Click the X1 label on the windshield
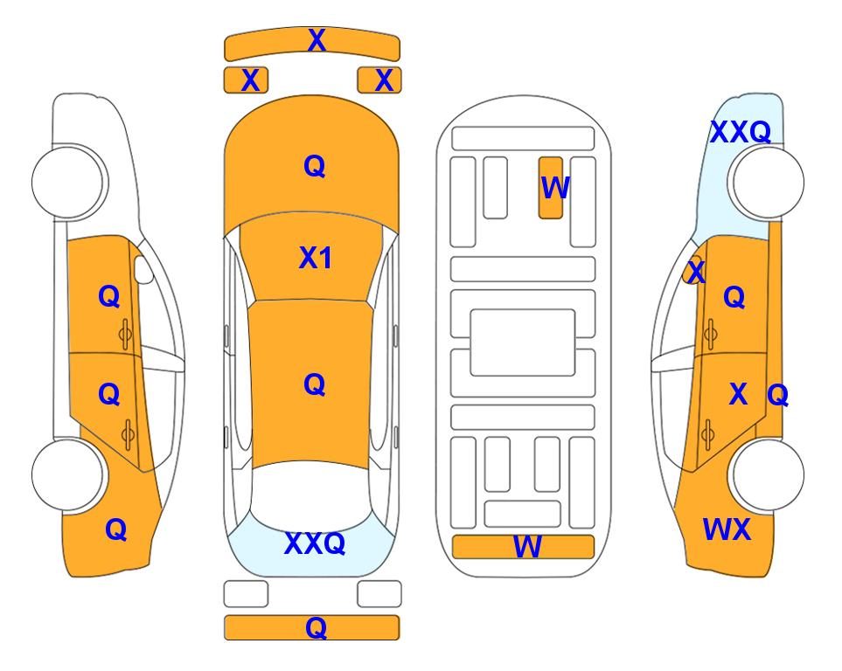(316, 258)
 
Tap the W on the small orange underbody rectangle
(554, 187)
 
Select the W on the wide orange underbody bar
(527, 546)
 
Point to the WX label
(727, 529)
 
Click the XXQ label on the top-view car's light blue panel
(315, 543)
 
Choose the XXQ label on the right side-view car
(741, 132)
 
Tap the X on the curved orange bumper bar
(317, 40)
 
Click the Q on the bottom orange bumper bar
(316, 627)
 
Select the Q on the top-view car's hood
(315, 166)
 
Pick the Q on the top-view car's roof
(315, 384)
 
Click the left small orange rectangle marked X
(246, 80)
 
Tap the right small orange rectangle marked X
(379, 80)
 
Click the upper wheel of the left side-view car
(67, 182)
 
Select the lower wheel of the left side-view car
(67, 474)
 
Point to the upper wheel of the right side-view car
(768, 182)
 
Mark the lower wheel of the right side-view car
(768, 474)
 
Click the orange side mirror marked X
(692, 270)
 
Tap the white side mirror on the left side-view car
(143, 269)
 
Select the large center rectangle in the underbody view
(523, 342)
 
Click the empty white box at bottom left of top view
(246, 594)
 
